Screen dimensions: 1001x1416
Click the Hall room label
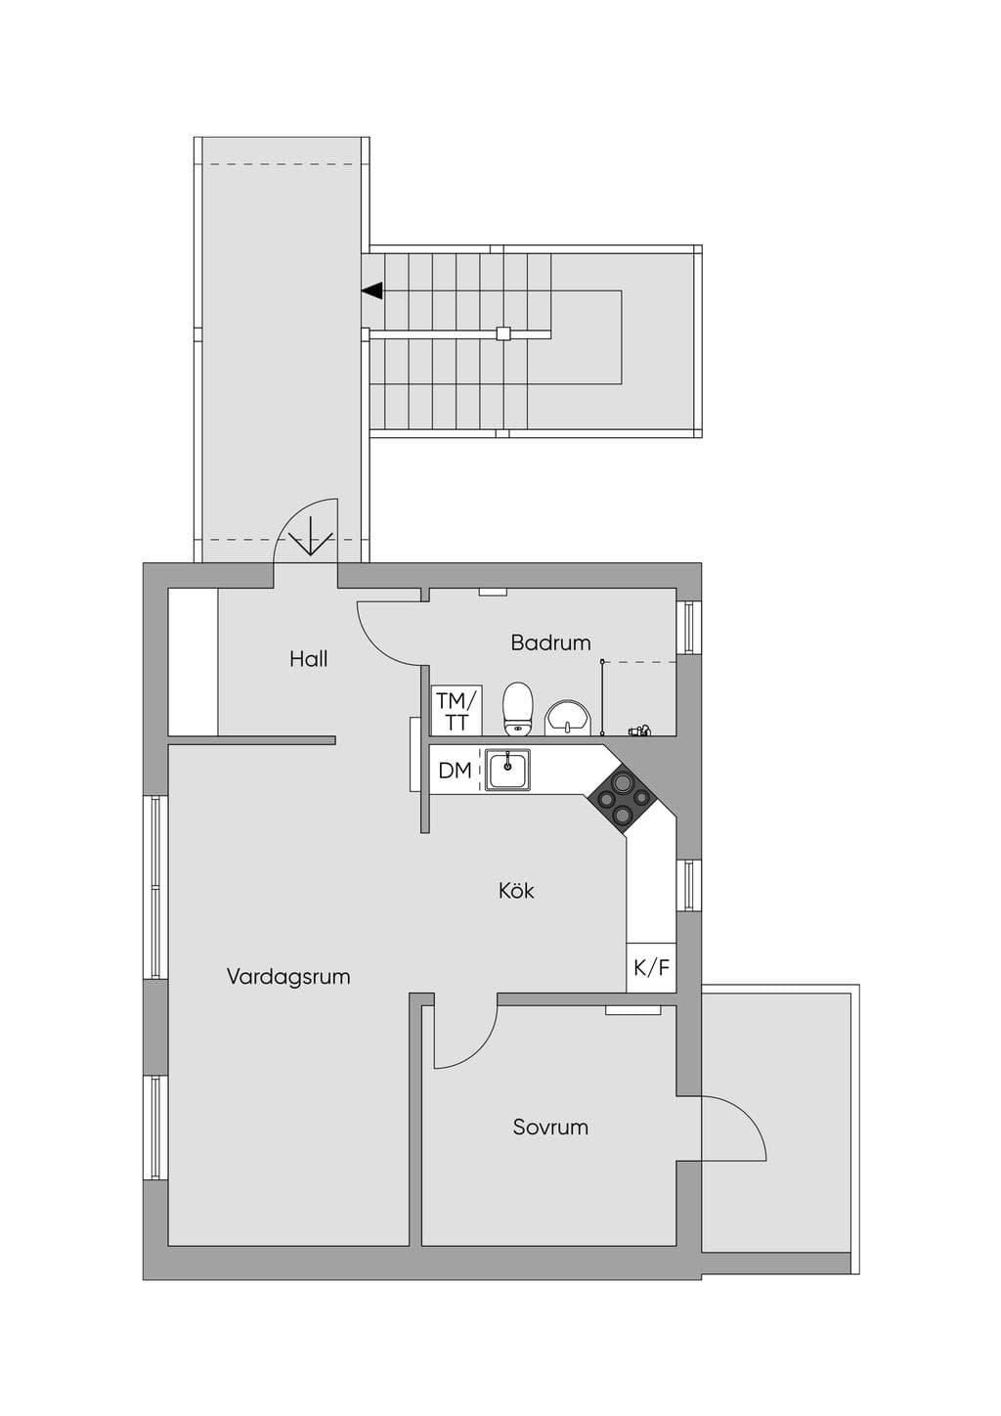(x=308, y=659)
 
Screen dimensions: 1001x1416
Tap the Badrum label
(x=550, y=642)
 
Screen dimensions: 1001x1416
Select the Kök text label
(x=516, y=891)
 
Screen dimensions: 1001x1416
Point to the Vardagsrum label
(x=288, y=977)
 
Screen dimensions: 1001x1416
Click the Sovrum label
(x=550, y=1128)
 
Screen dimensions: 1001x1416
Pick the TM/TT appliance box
(x=457, y=710)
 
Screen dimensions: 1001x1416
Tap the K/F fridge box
(x=652, y=967)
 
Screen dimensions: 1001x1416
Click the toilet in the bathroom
(x=518, y=709)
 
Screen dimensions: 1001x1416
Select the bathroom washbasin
(x=568, y=718)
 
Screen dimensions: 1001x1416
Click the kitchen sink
(x=507, y=770)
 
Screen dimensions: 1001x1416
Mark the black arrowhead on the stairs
(x=372, y=290)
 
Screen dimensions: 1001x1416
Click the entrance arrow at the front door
(x=310, y=536)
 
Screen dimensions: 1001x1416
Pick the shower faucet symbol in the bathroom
(x=640, y=731)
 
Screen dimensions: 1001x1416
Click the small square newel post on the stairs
(x=503, y=332)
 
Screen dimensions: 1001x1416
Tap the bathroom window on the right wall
(x=689, y=627)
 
